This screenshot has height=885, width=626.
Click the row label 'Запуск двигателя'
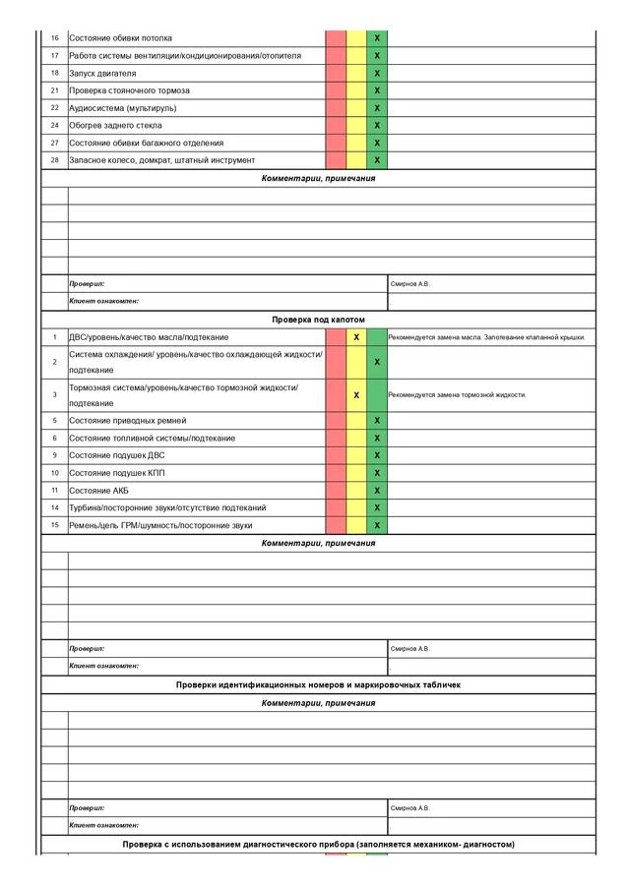[x=103, y=73]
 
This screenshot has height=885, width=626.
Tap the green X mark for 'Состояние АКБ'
[x=377, y=490]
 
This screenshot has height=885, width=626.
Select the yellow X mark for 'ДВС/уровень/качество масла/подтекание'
[x=356, y=337]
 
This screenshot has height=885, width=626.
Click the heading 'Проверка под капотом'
[x=318, y=320]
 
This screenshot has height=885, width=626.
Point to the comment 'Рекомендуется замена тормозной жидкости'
[x=458, y=395]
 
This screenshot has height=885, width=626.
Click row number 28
[x=55, y=160]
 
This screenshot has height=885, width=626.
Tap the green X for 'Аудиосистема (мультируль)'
[x=377, y=108]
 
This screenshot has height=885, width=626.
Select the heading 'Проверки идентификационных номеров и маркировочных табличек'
[x=318, y=684]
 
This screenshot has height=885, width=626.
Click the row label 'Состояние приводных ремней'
[x=128, y=420]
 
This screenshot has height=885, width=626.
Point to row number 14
[x=55, y=507]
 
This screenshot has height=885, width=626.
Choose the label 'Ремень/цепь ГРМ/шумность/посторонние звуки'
[x=160, y=525]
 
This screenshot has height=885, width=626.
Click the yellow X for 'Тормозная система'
[x=356, y=394]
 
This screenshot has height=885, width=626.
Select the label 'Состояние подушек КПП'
[x=118, y=473]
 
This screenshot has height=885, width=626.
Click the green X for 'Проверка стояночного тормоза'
[x=377, y=90]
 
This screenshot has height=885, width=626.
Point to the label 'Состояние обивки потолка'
[x=120, y=38]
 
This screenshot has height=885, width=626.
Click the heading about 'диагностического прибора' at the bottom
[x=318, y=845]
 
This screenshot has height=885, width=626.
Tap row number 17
[x=55, y=56]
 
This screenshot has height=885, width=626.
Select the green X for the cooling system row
[x=377, y=362]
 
